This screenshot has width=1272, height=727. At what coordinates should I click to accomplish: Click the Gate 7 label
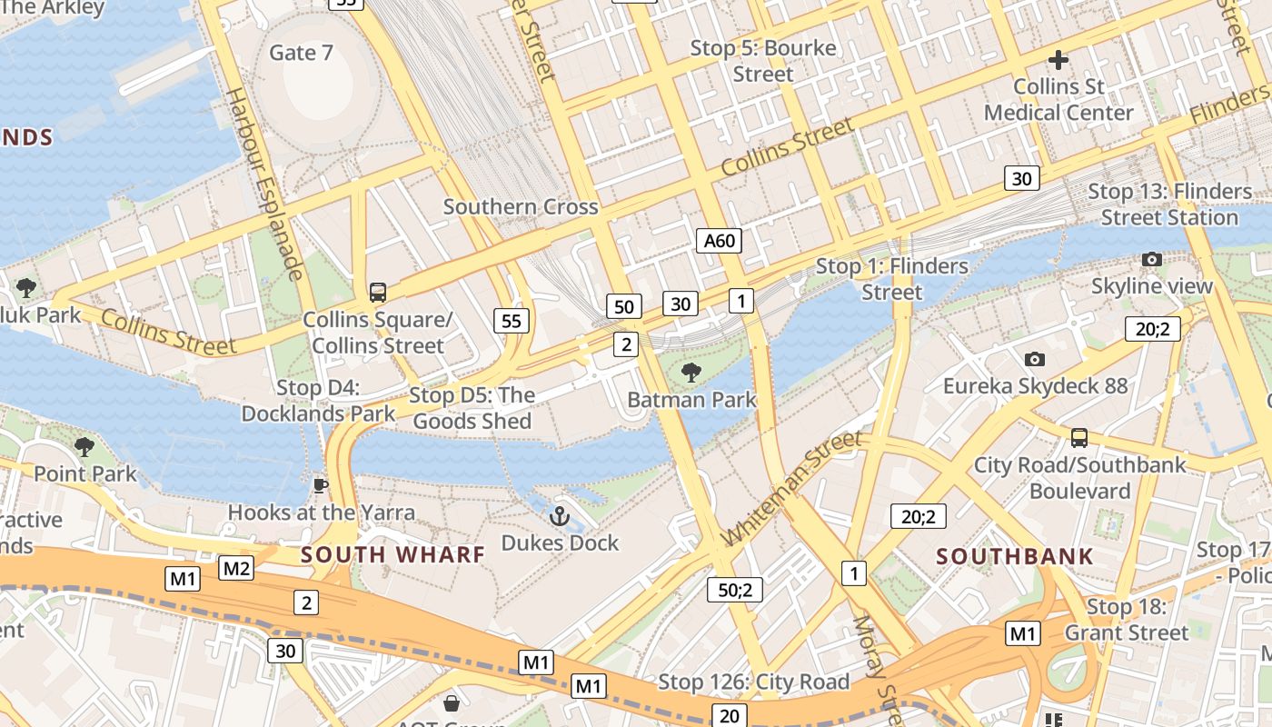[x=301, y=53]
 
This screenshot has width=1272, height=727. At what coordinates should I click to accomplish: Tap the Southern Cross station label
[x=521, y=206]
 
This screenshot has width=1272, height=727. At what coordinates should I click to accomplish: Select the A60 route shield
[x=719, y=241]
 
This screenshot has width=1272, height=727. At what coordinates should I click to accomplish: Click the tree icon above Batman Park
[x=691, y=372]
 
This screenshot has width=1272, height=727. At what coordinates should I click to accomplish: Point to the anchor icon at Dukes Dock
[x=560, y=517]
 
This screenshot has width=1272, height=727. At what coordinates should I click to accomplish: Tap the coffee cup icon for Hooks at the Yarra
[x=320, y=485]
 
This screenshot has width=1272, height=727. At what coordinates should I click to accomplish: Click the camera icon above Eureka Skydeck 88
[x=1034, y=359]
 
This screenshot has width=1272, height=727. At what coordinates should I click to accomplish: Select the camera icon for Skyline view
[x=1152, y=260]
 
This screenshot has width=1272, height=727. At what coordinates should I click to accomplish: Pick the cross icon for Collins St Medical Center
[x=1058, y=61]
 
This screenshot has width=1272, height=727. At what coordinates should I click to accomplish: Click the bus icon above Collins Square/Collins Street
[x=377, y=293]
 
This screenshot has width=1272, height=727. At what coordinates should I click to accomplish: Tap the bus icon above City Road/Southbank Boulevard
[x=1079, y=438]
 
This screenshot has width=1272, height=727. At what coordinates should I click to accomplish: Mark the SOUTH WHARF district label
[x=393, y=554]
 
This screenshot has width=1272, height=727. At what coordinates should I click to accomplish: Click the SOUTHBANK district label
[x=1015, y=557]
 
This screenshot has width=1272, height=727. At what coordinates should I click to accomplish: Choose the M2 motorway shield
[x=236, y=569]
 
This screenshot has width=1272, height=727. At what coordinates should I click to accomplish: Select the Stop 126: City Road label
[x=753, y=682]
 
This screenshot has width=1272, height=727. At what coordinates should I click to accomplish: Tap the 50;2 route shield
[x=734, y=590]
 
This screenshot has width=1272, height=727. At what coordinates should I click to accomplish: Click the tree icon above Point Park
[x=84, y=446]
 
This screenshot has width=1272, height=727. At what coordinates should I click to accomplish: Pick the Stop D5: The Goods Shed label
[x=472, y=408]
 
